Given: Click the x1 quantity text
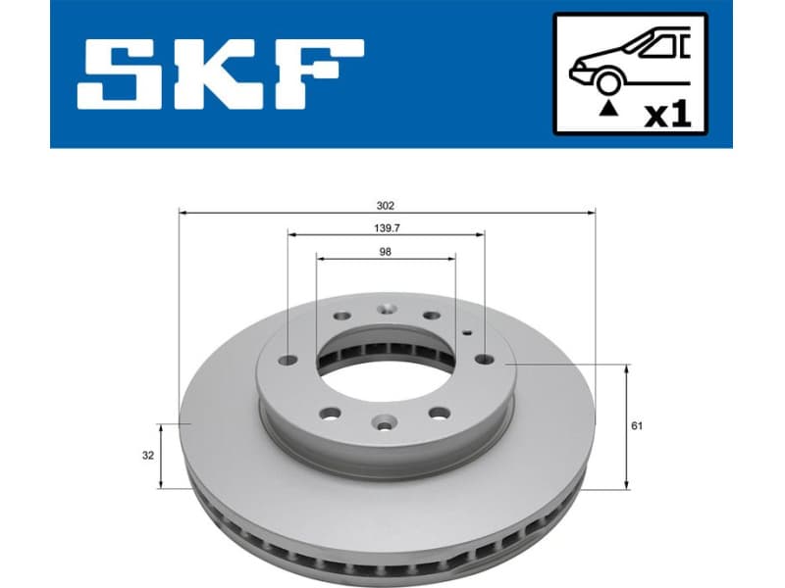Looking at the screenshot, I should click(x=667, y=114).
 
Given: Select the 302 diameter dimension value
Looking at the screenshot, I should click(x=386, y=205).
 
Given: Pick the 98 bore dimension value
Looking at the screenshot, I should click(x=386, y=251).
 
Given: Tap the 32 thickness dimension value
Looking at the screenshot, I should click(x=146, y=455).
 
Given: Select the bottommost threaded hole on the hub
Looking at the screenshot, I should click(x=383, y=423).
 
